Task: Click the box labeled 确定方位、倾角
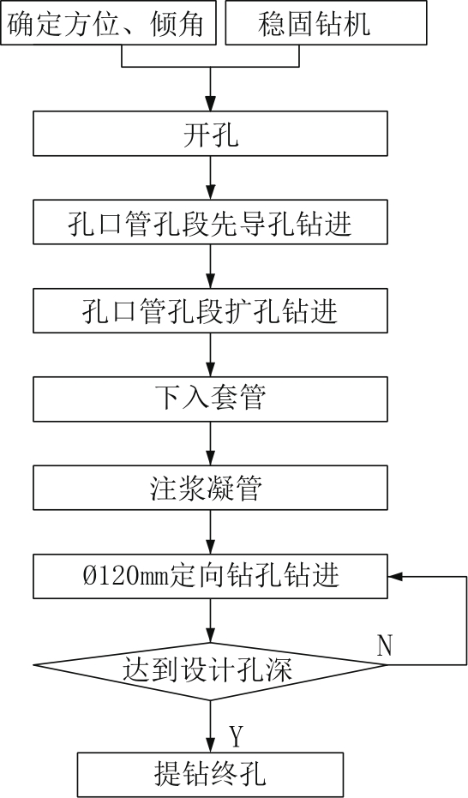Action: [x=108, y=22]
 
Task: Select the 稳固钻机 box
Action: [x=326, y=22]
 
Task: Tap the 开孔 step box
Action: [x=210, y=134]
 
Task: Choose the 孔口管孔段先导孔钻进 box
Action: [x=210, y=222]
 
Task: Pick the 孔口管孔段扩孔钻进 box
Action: [x=210, y=310]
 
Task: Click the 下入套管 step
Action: [x=210, y=399]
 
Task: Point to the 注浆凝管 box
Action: [x=210, y=488]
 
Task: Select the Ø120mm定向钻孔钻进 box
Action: [x=210, y=576]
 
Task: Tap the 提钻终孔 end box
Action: [x=210, y=775]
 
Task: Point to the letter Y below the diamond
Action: [x=236, y=736]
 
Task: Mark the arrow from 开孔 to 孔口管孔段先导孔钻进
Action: [x=210, y=177]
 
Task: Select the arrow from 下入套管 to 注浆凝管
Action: [x=210, y=443]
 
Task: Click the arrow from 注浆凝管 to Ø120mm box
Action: [x=210, y=531]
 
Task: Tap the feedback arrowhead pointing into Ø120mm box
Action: [x=395, y=576]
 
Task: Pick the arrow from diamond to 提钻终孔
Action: [x=210, y=726]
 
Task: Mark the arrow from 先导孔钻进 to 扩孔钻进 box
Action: [x=210, y=267]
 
